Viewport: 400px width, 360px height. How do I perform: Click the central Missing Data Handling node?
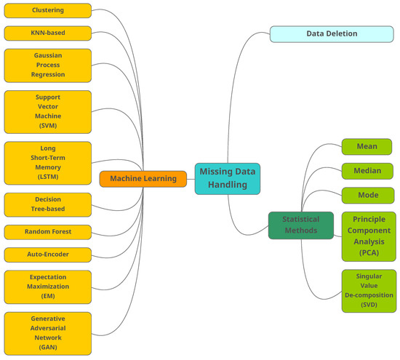227,178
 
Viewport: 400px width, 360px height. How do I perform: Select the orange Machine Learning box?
143,179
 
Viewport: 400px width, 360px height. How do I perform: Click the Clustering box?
48,10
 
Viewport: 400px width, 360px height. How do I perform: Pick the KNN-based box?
48,33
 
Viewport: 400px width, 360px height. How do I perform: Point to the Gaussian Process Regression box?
48,65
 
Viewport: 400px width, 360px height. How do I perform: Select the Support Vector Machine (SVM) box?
48,111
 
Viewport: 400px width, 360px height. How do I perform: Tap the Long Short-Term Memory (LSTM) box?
48,164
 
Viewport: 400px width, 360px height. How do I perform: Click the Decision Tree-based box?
48,204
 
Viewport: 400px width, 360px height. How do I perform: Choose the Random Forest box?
48,232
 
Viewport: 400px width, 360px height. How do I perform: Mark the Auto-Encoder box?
48,255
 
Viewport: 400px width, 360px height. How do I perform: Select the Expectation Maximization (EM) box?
48,287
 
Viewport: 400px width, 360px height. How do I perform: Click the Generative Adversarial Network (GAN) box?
48,333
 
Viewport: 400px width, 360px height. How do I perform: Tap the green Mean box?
367,146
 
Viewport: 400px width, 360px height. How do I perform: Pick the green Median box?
367,171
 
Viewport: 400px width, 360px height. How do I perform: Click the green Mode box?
367,196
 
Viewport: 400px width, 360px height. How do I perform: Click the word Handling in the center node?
227,185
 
